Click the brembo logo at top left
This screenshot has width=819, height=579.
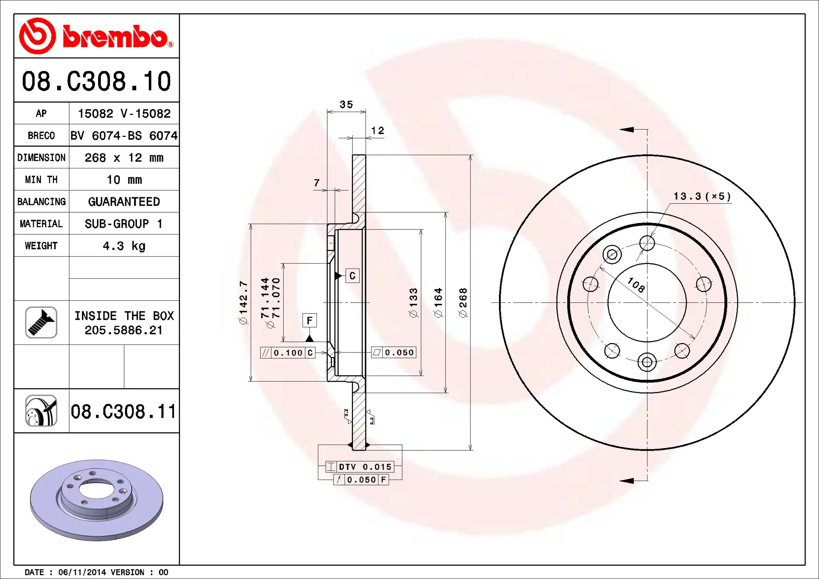coord(96,36)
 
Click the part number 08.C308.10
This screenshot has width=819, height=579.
coord(96,81)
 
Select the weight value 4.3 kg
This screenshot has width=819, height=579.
coord(124,246)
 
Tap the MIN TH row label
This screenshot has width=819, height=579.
coord(41,179)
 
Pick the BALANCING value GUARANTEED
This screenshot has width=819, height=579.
coord(124,202)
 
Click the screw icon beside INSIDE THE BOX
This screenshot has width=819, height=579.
coord(41,322)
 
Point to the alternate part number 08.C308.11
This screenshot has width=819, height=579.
coord(123,411)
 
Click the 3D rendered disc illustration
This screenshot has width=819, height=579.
coord(97,500)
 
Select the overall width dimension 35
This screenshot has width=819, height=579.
coord(346,104)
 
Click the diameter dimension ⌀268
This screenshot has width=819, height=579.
coord(463,303)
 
